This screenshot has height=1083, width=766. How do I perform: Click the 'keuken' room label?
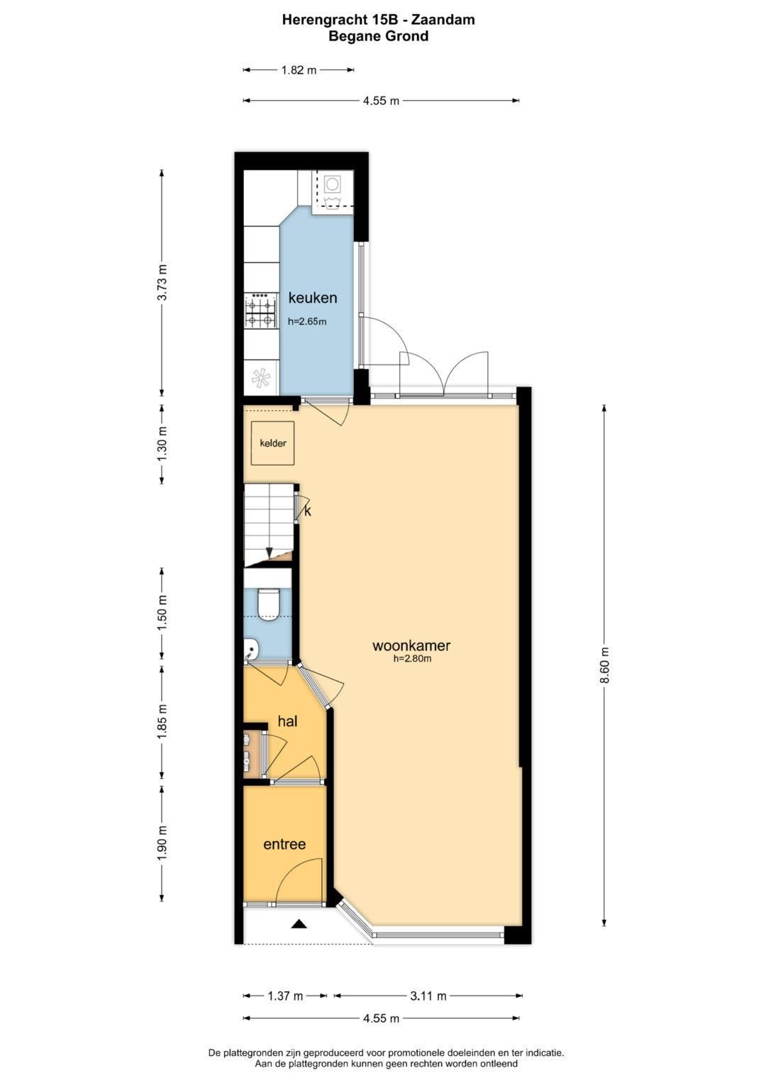[312, 298]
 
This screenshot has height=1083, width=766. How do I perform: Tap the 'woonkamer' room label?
[411, 645]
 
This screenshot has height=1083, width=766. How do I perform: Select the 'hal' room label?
[287, 721]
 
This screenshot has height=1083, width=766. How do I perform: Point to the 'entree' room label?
[284, 844]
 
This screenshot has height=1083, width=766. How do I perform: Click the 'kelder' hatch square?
[273, 444]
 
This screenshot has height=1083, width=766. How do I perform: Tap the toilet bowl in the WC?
[267, 604]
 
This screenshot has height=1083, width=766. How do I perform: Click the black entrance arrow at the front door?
[299, 923]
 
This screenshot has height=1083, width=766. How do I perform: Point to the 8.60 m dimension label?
[604, 665]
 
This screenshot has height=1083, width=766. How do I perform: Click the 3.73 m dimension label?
[162, 282]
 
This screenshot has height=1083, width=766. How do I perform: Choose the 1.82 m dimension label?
[299, 70]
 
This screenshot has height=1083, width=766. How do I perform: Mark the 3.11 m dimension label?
[428, 996]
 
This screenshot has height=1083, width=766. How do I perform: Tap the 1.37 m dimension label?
[285, 996]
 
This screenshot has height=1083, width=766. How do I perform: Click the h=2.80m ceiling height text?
[412, 659]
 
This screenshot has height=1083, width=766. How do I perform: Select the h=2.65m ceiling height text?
[307, 321]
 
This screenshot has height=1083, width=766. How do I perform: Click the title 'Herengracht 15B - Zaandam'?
[378, 20]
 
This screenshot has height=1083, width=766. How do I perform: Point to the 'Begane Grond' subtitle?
[378, 36]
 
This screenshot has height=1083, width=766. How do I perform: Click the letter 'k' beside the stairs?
[307, 511]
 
